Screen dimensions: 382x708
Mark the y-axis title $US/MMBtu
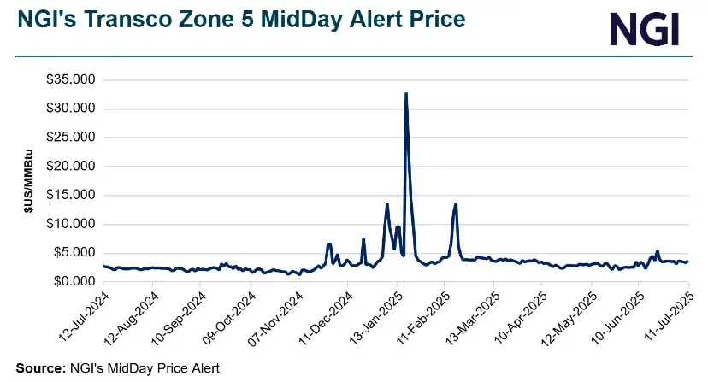pos(28,180)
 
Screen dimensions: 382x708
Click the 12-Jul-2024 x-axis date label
pos(80,315)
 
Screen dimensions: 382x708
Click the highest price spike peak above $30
pos(405,93)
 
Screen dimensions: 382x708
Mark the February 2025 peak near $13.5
pos(456,204)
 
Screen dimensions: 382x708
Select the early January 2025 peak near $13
pos(387,205)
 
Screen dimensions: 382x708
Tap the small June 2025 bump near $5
pos(657,252)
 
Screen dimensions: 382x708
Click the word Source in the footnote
pos(38,367)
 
